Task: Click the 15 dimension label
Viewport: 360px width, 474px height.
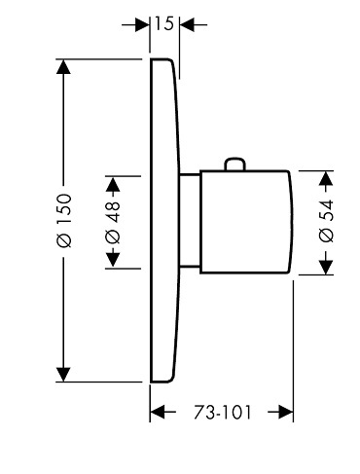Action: [164, 24]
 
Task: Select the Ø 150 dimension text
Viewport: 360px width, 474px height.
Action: [63, 221]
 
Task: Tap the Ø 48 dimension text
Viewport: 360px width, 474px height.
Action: [113, 222]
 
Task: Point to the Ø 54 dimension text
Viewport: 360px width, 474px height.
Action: [326, 221]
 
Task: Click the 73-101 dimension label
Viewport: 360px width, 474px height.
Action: [223, 413]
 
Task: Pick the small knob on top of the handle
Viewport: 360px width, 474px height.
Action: [235, 164]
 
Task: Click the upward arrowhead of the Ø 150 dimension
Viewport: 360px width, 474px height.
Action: [63, 66]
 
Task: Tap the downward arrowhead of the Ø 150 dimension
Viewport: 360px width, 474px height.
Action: [63, 375]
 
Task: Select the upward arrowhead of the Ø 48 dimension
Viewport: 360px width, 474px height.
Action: [113, 184]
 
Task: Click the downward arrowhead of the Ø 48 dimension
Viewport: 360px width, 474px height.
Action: [113, 261]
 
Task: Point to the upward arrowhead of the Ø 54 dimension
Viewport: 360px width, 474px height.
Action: [326, 178]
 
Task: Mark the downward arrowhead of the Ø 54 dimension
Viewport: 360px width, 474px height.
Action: [326, 268]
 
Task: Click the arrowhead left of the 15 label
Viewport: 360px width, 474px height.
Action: [142, 24]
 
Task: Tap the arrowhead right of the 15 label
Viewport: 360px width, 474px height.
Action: [187, 24]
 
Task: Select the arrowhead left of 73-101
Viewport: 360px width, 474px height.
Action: [158, 413]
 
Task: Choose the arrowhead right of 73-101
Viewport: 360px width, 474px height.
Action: [286, 413]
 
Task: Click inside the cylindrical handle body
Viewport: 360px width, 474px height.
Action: [245, 222]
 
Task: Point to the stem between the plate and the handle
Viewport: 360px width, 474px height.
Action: [190, 221]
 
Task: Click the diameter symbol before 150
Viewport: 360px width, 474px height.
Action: [63, 240]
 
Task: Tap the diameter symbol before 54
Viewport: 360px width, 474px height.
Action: [326, 235]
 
